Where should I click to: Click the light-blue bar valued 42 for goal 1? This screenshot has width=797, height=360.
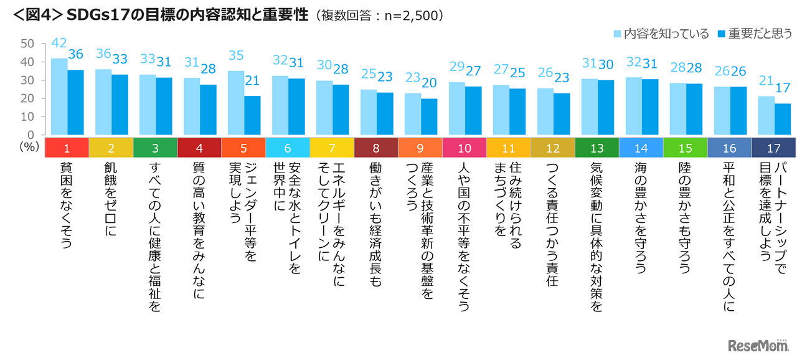(x=59, y=97)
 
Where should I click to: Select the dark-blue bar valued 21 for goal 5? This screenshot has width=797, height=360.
(x=252, y=115)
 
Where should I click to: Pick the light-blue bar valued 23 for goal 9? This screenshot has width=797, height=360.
(x=412, y=114)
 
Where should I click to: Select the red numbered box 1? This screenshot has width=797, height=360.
(x=67, y=148)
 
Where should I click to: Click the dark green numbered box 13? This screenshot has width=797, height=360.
(x=597, y=148)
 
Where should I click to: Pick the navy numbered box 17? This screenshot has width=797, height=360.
(x=774, y=148)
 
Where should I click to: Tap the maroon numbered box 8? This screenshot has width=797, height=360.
(x=375, y=148)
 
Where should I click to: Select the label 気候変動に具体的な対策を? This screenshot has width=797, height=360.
(x=597, y=237)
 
